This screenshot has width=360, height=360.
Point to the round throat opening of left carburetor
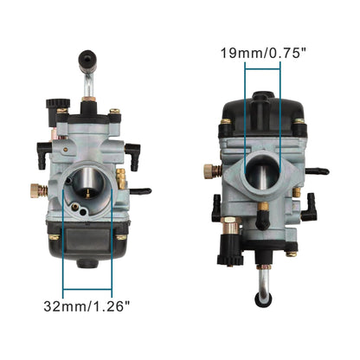89,177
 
